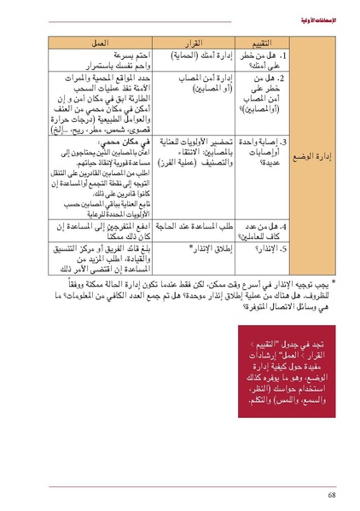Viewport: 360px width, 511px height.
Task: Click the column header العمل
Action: pyautogui.click(x=101, y=43)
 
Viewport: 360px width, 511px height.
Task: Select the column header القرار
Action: pyautogui.click(x=197, y=43)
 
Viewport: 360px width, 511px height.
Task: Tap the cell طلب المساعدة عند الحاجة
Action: pyautogui.click(x=198, y=225)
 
